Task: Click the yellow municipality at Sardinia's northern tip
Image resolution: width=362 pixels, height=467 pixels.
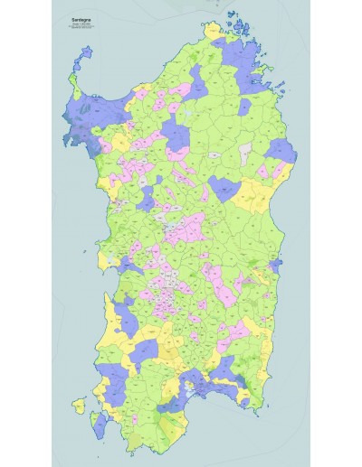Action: [214, 32]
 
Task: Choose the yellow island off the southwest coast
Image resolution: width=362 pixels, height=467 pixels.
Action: [81, 406]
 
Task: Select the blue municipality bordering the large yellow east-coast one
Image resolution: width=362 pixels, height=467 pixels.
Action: [223, 189]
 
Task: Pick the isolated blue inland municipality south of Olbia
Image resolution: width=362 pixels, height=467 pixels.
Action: [244, 107]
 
